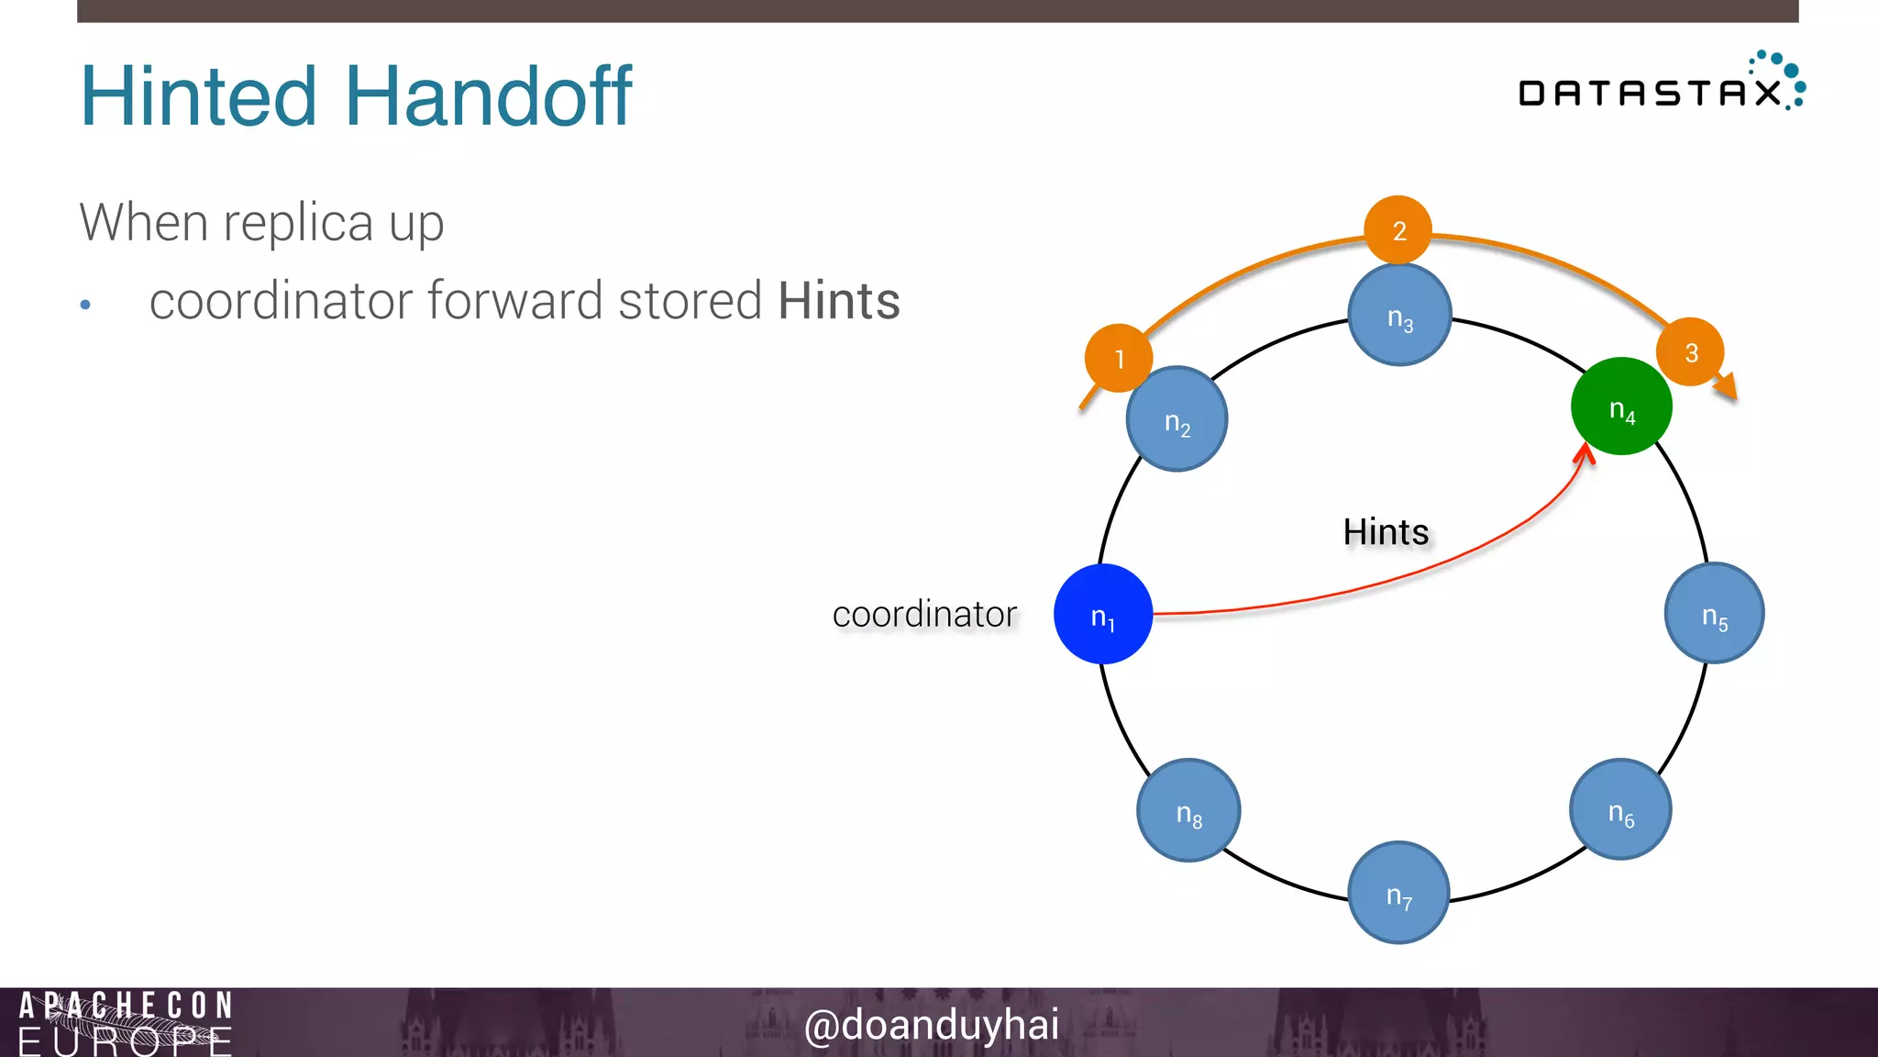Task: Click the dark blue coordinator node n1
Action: coord(1103,614)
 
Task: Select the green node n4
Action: coord(1621,406)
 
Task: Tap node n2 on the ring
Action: coord(1177,420)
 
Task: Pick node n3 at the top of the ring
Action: coord(1399,316)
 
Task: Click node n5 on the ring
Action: coord(1714,614)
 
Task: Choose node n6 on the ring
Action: coord(1620,810)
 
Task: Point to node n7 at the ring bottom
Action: coord(1398,893)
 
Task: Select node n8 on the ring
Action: coord(1188,811)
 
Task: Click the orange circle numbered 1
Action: coord(1119,358)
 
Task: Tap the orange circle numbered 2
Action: coord(1398,229)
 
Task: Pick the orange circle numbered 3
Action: coord(1690,351)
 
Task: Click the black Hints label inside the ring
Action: coord(1386,532)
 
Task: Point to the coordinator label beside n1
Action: coord(924,614)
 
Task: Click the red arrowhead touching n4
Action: coord(1584,452)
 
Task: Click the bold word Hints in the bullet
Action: coord(838,301)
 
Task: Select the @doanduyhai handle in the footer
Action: coord(932,1024)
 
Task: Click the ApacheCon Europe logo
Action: coord(126,1022)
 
